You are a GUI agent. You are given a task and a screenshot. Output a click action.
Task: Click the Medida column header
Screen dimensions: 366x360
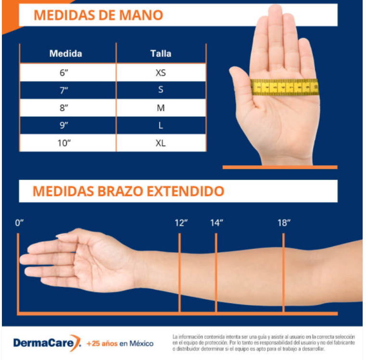[65, 53]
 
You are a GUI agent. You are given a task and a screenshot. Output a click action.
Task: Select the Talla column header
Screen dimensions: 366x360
[161, 53]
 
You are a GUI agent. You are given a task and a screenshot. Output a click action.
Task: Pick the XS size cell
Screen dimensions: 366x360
[161, 73]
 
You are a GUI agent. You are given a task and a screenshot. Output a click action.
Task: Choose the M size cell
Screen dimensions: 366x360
[161, 108]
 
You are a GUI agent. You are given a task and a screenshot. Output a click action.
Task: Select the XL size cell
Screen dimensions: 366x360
[161, 143]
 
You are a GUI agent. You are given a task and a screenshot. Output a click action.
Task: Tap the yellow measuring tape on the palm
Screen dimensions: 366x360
[285, 87]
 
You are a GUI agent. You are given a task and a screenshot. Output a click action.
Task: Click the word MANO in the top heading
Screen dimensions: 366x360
[141, 15]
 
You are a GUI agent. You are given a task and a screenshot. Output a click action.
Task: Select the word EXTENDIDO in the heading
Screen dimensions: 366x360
[186, 191]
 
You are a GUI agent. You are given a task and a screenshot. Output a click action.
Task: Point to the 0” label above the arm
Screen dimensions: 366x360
[19, 223]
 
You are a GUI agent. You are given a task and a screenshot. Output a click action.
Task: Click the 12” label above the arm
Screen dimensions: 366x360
[181, 223]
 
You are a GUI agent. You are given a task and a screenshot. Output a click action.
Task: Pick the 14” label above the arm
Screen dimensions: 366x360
[216, 223]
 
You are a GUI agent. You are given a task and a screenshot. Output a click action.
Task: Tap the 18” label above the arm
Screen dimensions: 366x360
[284, 223]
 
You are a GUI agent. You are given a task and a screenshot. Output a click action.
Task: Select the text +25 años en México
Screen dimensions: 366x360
[120, 344]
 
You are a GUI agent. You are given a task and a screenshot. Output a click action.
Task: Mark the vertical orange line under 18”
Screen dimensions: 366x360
[283, 272]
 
